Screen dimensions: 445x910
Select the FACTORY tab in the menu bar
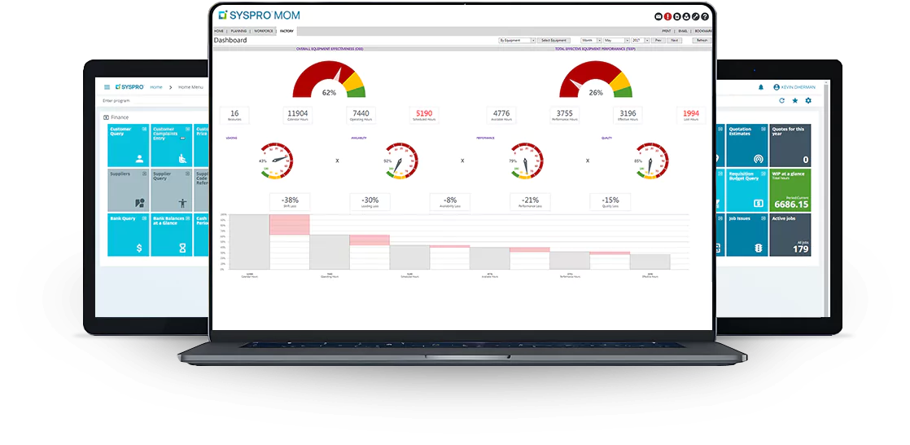[x=287, y=31]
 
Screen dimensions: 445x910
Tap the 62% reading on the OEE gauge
[x=329, y=93]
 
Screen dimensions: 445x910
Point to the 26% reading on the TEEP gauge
[x=596, y=93]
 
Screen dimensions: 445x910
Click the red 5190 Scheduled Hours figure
[x=424, y=114]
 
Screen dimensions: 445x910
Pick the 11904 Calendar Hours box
[x=298, y=114]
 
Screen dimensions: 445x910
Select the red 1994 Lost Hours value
[x=691, y=114]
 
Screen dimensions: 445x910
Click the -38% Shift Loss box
[x=290, y=201]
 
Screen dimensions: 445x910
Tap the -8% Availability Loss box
[x=450, y=201]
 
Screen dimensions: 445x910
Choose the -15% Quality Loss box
[x=610, y=201]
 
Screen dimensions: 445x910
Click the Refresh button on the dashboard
[x=702, y=40]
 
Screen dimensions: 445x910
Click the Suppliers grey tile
[x=127, y=190]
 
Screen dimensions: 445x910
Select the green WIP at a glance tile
[x=790, y=190]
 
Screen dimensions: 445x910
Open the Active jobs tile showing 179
[x=790, y=235]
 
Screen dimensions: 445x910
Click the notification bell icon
[x=761, y=87]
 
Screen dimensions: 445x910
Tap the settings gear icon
[x=808, y=100]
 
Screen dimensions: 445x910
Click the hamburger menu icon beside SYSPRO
[x=107, y=86]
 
